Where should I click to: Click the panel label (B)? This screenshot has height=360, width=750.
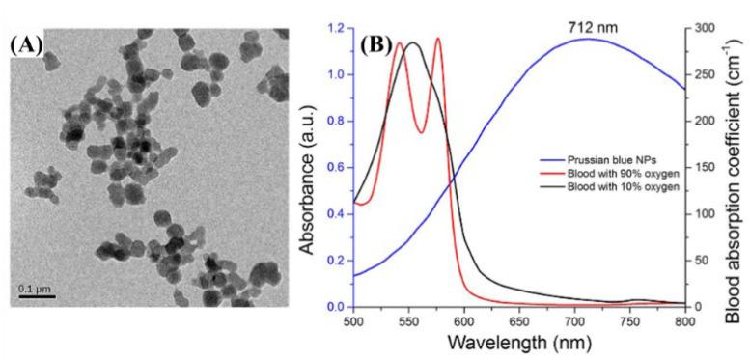coord(376,43)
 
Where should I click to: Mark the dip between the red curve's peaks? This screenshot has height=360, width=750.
coord(421,132)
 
